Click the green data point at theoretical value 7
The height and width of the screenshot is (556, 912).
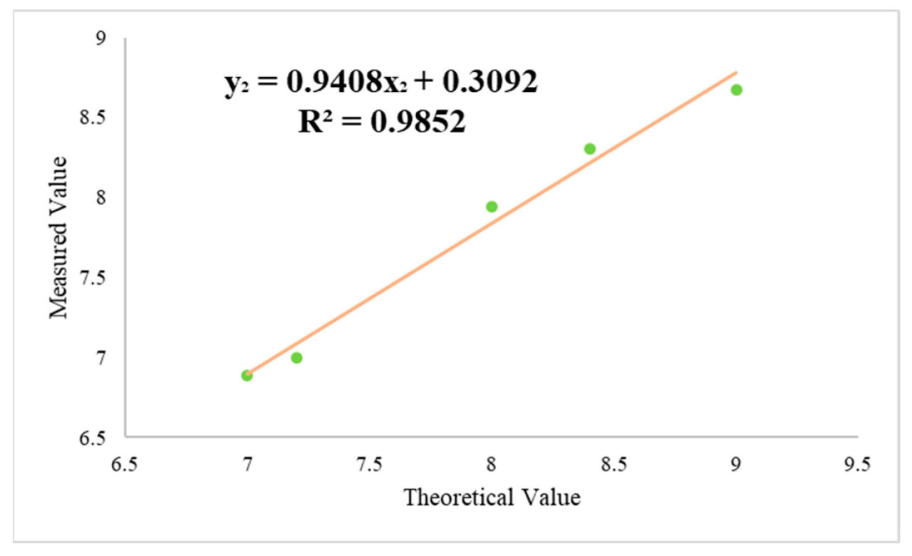(x=247, y=375)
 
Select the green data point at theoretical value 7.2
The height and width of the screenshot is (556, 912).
(x=296, y=357)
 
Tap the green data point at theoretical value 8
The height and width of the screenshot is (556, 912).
(x=492, y=206)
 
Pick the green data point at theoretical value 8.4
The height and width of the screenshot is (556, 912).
(x=590, y=149)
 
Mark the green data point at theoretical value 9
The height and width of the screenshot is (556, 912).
(x=737, y=90)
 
